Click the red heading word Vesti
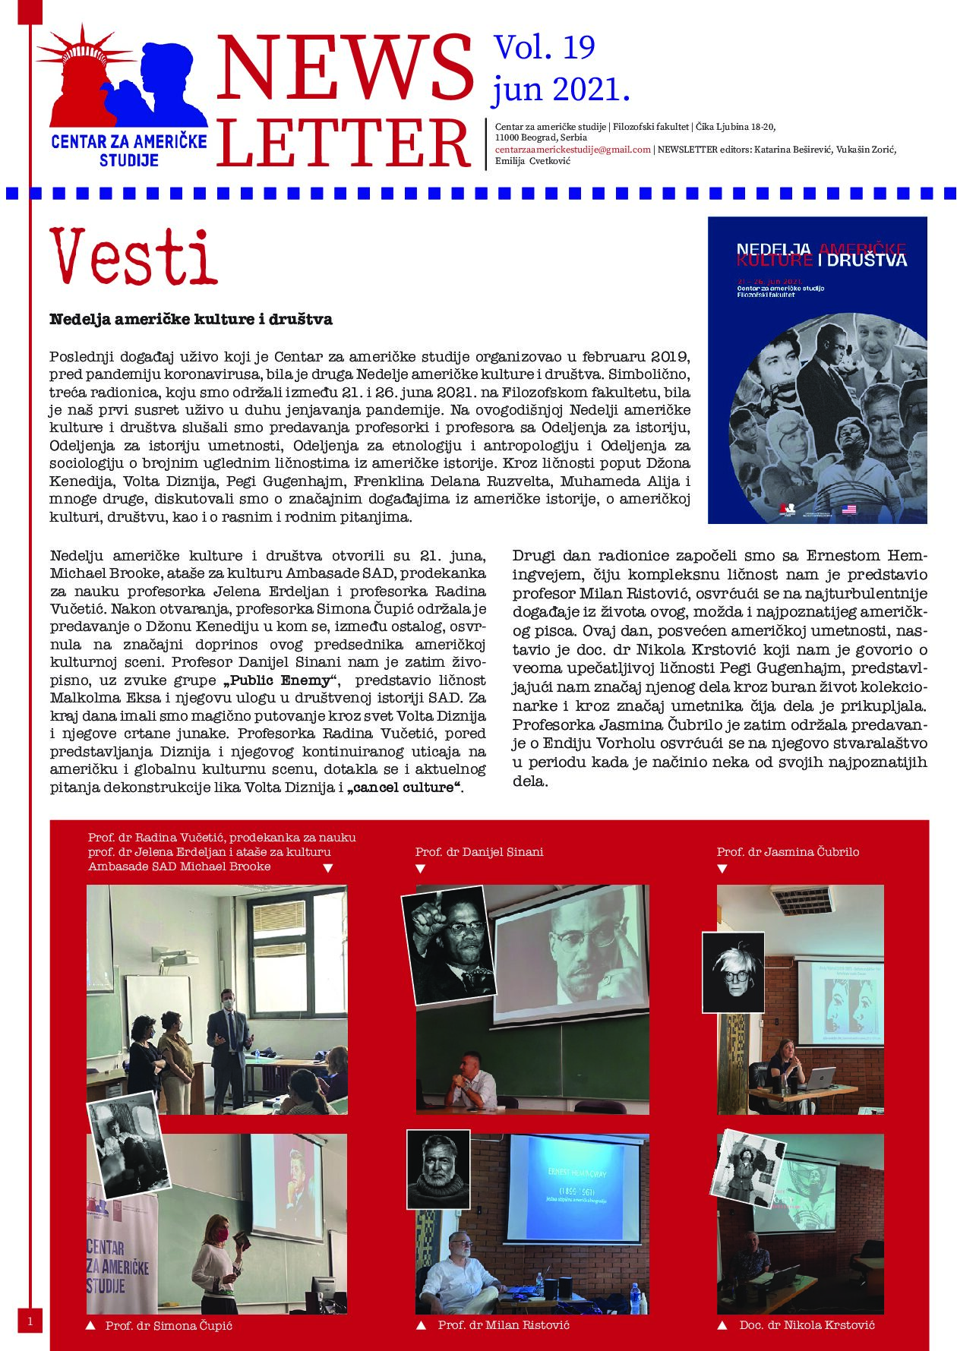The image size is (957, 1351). tap(134, 257)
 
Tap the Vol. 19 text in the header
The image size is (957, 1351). tap(545, 48)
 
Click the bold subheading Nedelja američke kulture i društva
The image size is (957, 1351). tap(191, 320)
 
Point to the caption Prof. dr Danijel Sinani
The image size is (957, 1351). tap(479, 852)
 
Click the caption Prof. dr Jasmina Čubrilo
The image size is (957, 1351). tap(788, 852)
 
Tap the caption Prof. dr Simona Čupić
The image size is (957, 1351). tap(169, 1326)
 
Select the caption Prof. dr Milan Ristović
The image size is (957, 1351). tap(504, 1325)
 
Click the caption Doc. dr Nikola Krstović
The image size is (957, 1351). tap(807, 1325)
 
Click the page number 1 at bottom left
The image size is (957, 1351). tap(30, 1322)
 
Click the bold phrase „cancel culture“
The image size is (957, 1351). tap(405, 788)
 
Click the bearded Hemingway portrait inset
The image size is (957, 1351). tap(438, 1169)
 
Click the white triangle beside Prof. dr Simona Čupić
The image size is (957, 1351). tap(90, 1326)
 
